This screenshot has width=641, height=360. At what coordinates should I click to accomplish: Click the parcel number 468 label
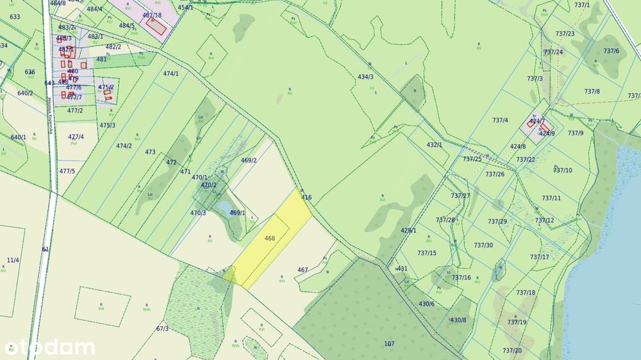(x=270, y=238)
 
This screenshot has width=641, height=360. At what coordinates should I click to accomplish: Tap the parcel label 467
(x=303, y=270)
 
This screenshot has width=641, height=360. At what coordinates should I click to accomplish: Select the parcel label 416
(x=306, y=197)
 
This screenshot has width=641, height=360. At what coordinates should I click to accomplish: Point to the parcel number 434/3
(x=365, y=77)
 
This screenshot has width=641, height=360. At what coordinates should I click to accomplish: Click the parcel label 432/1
(x=435, y=145)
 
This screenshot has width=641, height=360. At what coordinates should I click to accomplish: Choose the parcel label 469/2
(x=249, y=160)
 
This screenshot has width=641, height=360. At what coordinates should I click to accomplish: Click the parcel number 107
(x=389, y=343)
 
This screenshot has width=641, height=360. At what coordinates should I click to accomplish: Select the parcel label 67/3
(x=162, y=329)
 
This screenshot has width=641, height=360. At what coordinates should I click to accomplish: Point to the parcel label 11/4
(x=13, y=260)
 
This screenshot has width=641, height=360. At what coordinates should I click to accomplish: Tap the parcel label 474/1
(x=171, y=74)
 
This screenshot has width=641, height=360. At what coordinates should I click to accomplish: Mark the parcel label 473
(x=151, y=152)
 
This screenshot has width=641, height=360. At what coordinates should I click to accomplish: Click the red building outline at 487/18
(x=156, y=26)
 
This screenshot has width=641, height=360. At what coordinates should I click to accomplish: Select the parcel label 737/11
(x=551, y=198)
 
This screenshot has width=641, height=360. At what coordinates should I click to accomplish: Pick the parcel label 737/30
(x=483, y=245)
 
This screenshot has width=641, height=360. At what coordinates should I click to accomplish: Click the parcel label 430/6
(x=426, y=304)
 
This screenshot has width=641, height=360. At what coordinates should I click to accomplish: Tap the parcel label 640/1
(x=19, y=137)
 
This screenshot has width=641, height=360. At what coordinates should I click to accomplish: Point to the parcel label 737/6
(x=611, y=51)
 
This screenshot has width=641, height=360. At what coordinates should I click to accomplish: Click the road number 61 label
(x=46, y=249)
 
